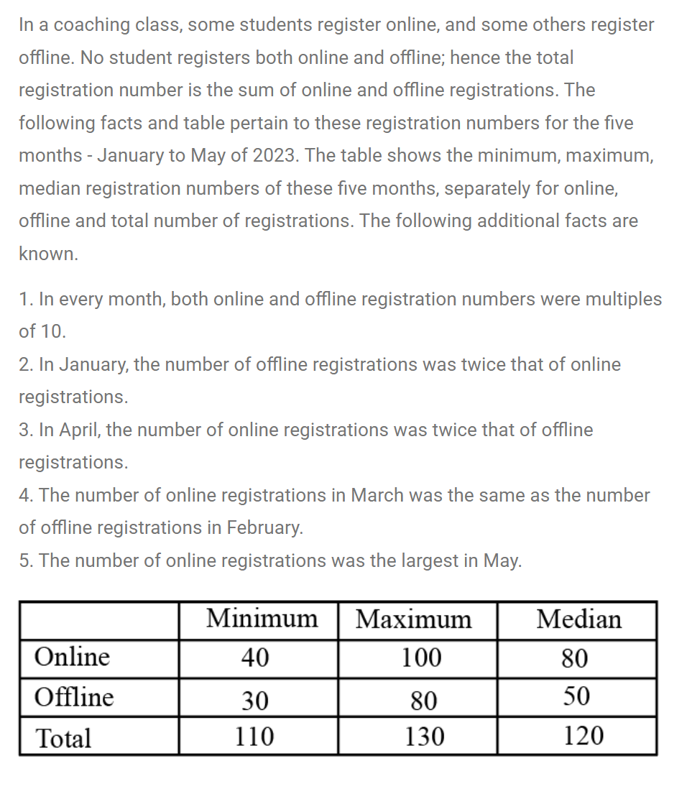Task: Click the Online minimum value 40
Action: [256, 657]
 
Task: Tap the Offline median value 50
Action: [576, 696]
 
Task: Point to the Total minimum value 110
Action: [256, 737]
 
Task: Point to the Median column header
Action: [578, 619]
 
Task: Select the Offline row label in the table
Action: [74, 697]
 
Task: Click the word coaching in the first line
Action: [95, 25]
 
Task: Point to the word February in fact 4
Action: [264, 528]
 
